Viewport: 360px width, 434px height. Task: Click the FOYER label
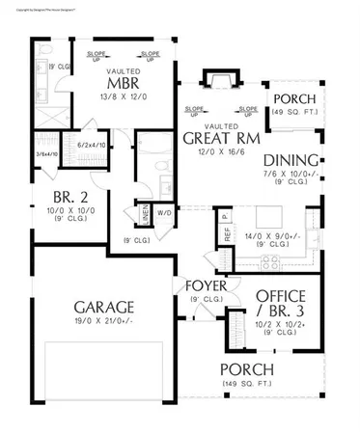pyautogui.click(x=206, y=286)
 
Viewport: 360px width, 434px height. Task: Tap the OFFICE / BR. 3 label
pyautogui.click(x=281, y=302)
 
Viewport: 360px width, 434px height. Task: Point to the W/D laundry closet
pyautogui.click(x=164, y=211)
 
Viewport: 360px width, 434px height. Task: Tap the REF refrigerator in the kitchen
pyautogui.click(x=227, y=231)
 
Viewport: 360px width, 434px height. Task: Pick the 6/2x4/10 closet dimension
pyautogui.click(x=94, y=145)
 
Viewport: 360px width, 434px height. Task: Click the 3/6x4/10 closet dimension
pyautogui.click(x=46, y=155)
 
